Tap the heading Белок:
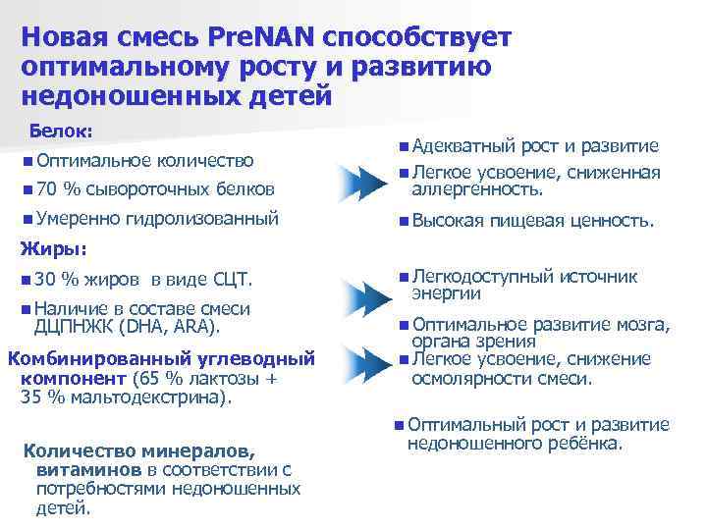point(61,131)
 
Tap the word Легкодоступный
point(479,277)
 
